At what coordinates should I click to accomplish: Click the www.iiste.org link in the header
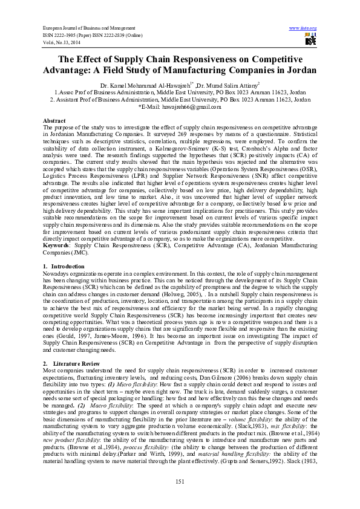tap(303, 28)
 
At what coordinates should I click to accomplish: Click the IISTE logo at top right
tap(310, 40)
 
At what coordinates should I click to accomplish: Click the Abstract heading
tap(54, 121)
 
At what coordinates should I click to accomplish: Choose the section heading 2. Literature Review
tap(70, 363)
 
